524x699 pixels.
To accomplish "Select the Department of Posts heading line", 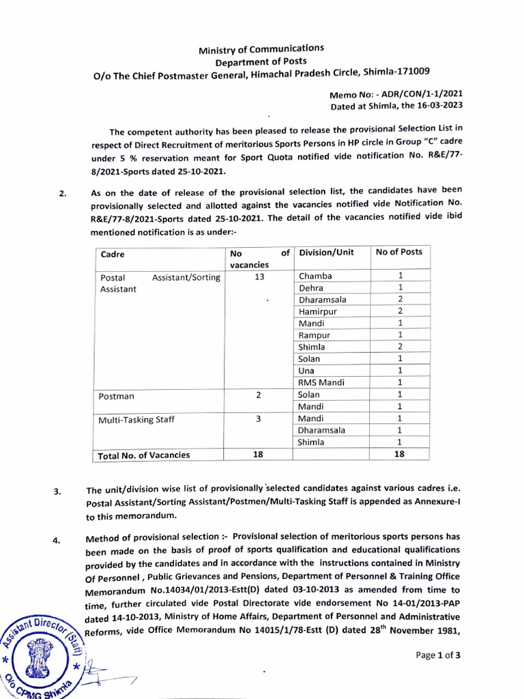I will pos(261,61).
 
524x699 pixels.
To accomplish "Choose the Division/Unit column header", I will pos(326,253).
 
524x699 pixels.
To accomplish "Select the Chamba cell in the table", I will pos(315,276).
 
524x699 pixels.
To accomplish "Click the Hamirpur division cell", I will pos(318,311).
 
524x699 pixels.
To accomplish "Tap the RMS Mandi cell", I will pos(321,382).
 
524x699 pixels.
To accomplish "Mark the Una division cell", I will pos(307,371).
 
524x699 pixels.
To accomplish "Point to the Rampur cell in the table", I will pos(314,335).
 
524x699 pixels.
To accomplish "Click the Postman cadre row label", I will pos(117,396).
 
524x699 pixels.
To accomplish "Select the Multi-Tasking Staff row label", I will pos(136,420).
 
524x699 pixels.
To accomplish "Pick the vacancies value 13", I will pos(258,276).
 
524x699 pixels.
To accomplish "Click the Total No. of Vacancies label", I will pos(144,455).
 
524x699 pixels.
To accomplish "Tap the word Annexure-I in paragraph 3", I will pos(437,504).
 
